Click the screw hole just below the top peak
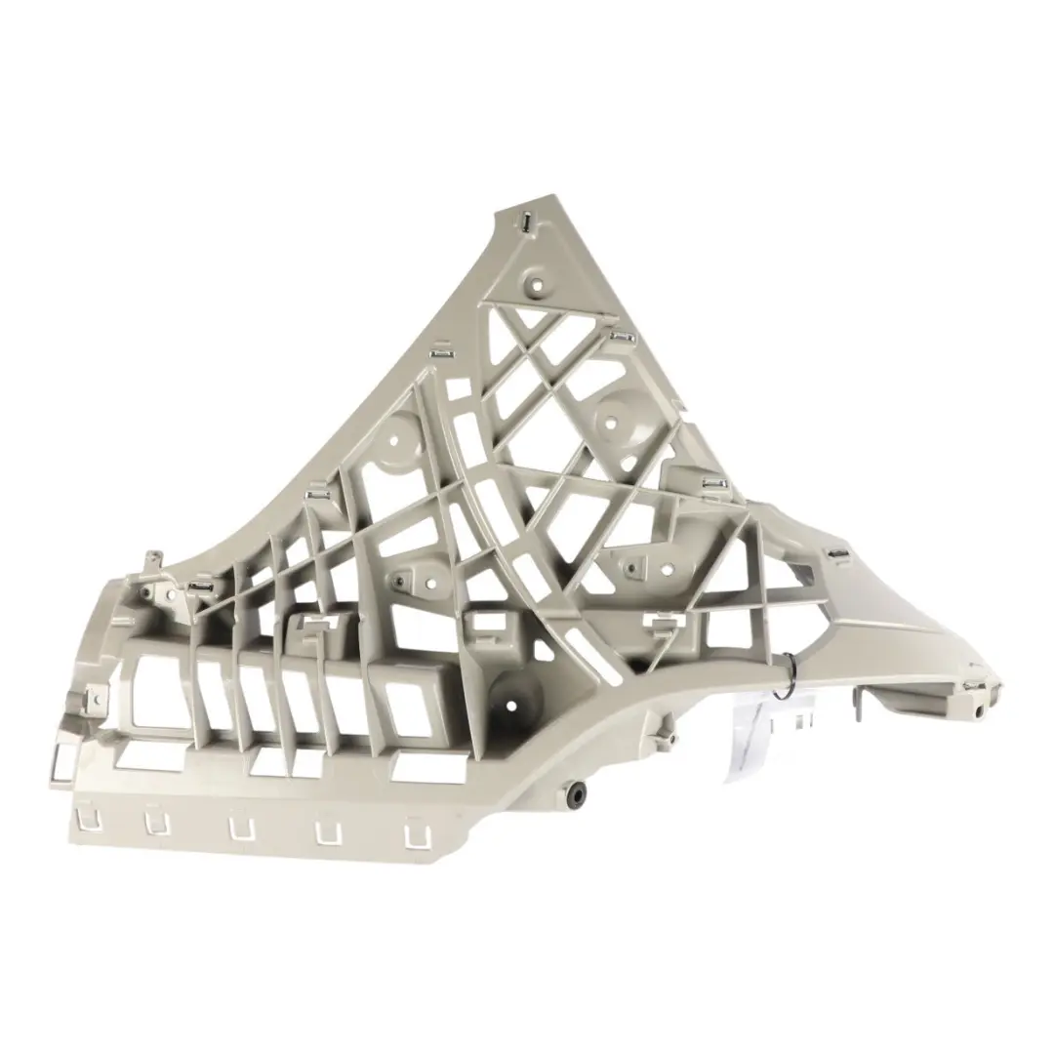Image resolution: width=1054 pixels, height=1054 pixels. (536, 286)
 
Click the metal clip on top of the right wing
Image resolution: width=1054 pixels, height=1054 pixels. (837, 556)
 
